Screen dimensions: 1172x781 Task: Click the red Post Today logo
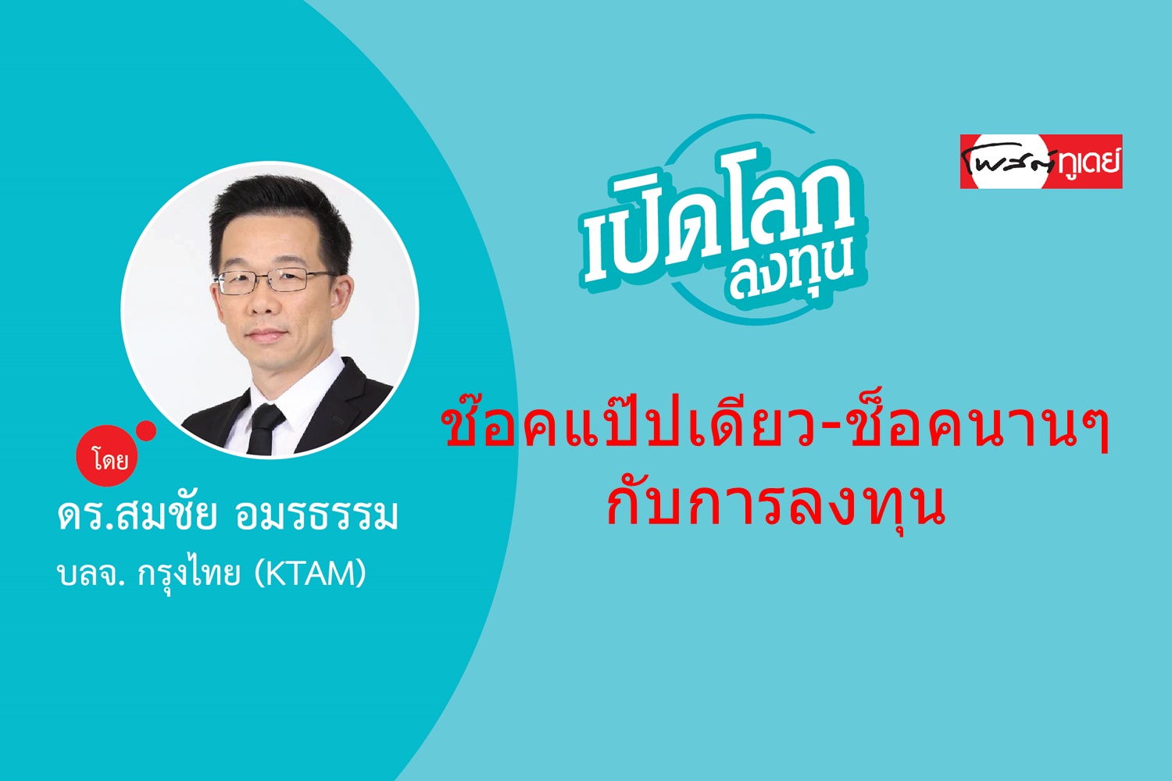tap(1042, 161)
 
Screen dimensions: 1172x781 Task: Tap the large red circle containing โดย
tap(107, 456)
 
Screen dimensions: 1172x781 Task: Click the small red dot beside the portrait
tap(146, 431)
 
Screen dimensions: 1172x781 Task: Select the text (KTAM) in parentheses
tap(309, 573)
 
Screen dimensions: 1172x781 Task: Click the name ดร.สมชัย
tap(137, 515)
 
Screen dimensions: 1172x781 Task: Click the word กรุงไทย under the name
tap(189, 574)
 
